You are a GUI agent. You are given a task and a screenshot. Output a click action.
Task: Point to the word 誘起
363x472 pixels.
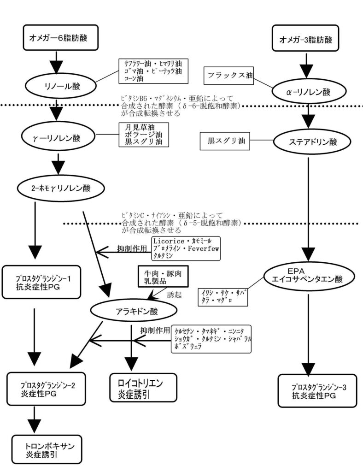tap(175, 295)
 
